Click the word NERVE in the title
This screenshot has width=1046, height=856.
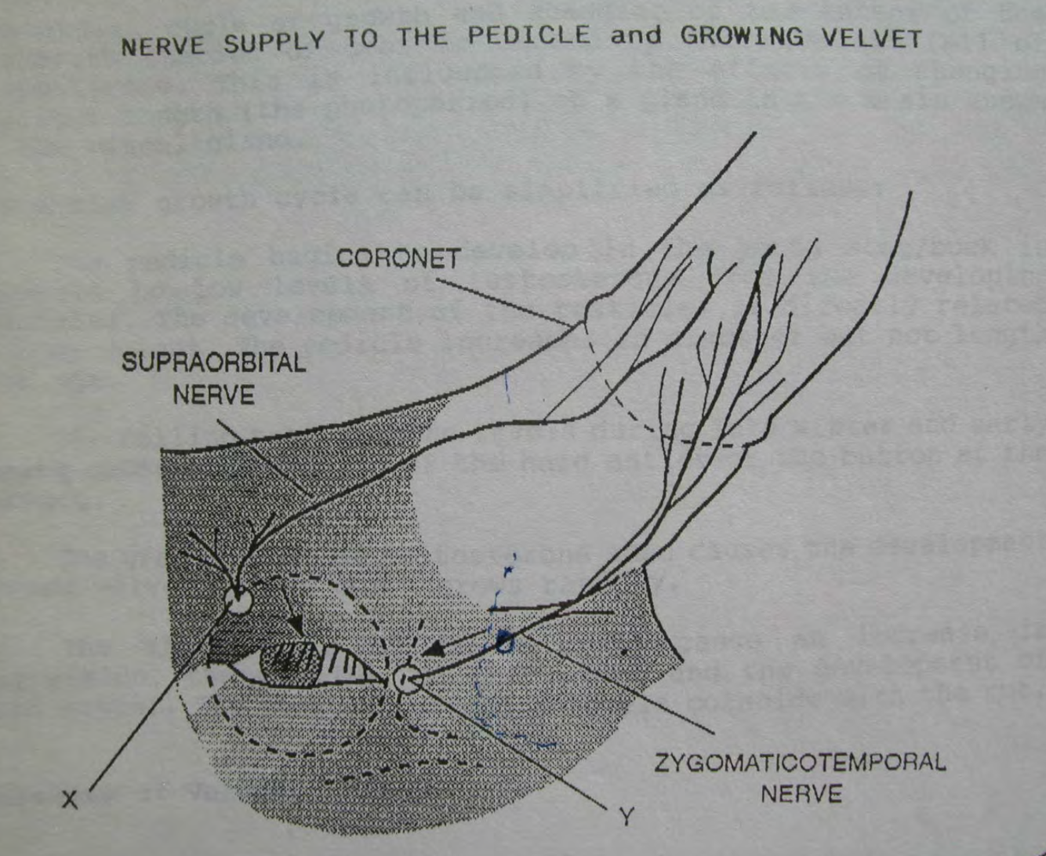click(163, 46)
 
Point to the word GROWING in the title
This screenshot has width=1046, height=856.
click(742, 36)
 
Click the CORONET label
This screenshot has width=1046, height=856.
click(398, 259)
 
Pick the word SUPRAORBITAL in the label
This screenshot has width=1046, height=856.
click(213, 362)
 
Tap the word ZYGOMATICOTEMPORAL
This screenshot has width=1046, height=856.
click(800, 762)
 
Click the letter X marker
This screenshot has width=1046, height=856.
click(70, 799)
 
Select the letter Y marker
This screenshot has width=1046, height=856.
click(625, 817)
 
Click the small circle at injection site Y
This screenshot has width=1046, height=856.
click(407, 679)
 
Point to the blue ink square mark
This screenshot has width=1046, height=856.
click(506, 643)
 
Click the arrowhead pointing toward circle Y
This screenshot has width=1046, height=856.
click(430, 650)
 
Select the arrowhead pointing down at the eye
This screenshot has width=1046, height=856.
click(297, 625)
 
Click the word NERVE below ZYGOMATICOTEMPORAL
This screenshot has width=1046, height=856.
click(801, 793)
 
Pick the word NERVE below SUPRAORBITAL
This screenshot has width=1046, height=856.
click(213, 394)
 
